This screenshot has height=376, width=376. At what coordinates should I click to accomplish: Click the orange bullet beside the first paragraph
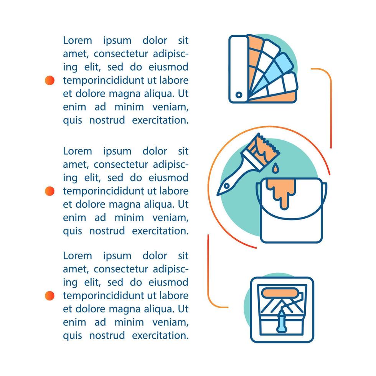click(50, 80)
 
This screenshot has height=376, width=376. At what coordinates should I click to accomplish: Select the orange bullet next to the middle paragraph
click(50, 191)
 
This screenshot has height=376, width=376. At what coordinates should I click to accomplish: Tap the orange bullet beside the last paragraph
click(50, 295)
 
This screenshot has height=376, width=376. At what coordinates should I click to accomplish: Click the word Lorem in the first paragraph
click(78, 40)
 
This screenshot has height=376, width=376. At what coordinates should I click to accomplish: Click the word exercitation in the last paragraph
click(160, 335)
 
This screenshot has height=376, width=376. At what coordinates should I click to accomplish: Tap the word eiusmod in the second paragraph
click(169, 178)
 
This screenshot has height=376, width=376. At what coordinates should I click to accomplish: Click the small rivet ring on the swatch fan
click(239, 94)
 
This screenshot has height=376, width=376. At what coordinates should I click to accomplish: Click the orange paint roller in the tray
click(282, 294)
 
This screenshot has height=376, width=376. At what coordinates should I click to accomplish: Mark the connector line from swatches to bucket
click(330, 107)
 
